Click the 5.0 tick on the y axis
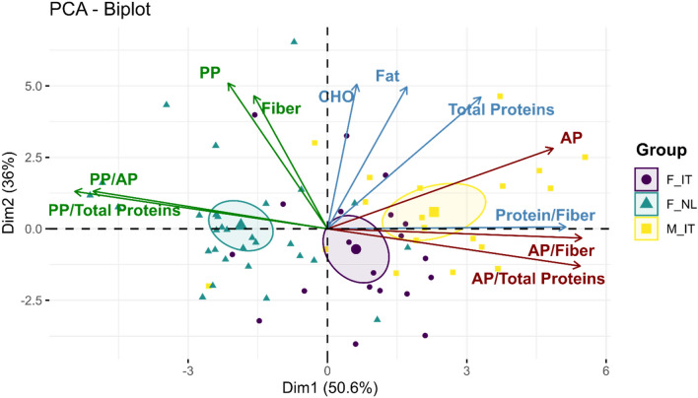[x=34, y=86]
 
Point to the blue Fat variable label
[x=386, y=76]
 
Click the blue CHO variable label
[x=335, y=97]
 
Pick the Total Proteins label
[x=500, y=110]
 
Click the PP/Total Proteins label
[x=113, y=210]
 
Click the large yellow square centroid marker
[x=434, y=212]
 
